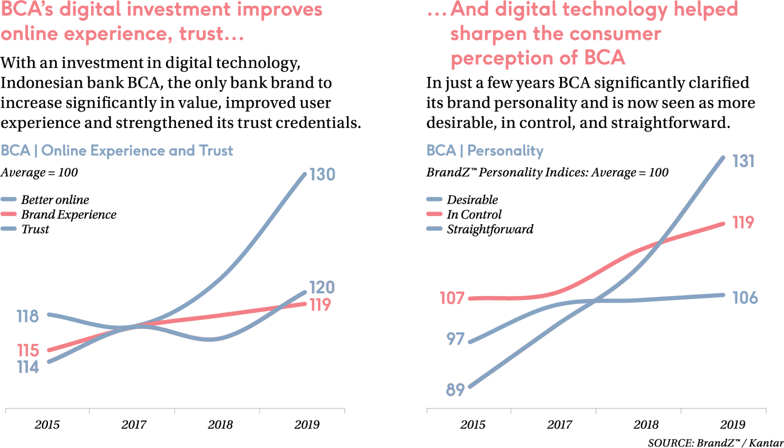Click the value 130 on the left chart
tap(322, 175)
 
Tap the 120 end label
tap(321, 288)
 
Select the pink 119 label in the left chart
tap(320, 305)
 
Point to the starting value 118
tap(27, 317)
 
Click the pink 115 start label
tap(27, 351)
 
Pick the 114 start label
tap(27, 367)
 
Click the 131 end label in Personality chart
tap(743, 161)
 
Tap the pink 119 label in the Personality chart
tap(743, 223)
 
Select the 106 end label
tap(744, 298)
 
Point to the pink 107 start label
tap(452, 298)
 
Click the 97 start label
tap(455, 339)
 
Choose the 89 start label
tap(455, 390)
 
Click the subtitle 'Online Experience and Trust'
tap(137, 150)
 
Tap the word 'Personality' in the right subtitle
tap(505, 151)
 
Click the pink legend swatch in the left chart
tap(9, 214)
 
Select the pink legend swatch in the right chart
tap(435, 214)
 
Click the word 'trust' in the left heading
tap(201, 34)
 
